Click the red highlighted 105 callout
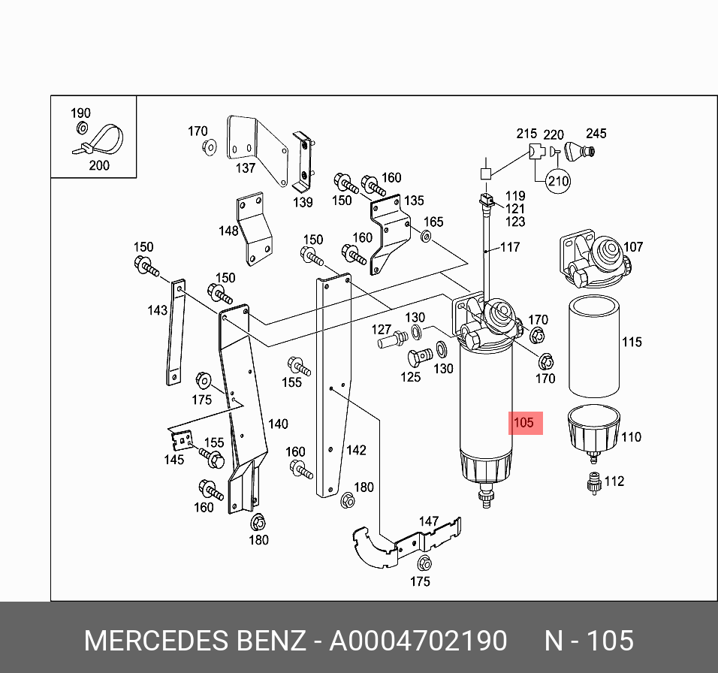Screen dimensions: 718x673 coord(525,422)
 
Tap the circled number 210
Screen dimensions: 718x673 coord(557,180)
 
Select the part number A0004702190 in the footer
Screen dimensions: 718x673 coord(418,641)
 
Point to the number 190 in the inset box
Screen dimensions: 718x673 coord(80,113)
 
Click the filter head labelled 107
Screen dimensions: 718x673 coord(597,262)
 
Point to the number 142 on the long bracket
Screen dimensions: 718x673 coord(355,450)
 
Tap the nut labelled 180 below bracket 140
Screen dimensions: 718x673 coord(257,521)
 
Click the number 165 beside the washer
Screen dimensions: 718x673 coord(434,222)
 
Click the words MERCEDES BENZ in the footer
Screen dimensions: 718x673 coord(195,641)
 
